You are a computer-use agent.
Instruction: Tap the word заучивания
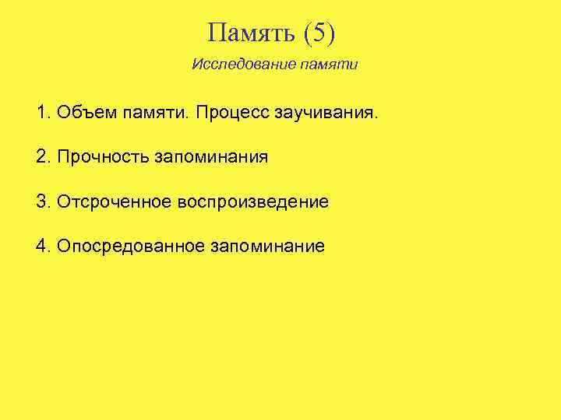point(326,114)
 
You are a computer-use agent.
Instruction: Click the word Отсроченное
point(114,202)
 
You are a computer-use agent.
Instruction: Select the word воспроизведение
point(253,203)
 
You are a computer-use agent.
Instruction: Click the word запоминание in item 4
point(267,247)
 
